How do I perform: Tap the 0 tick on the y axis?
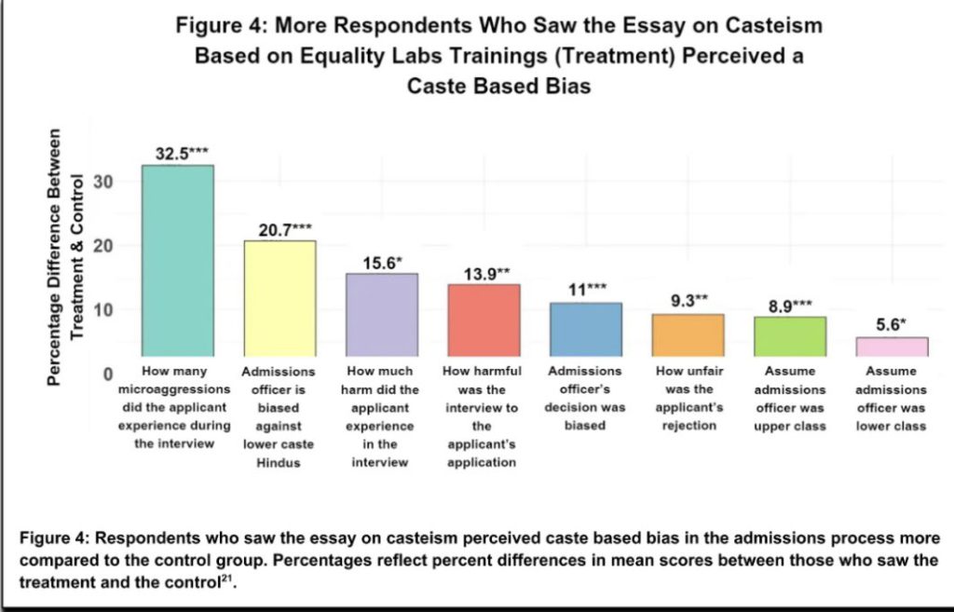click(x=108, y=374)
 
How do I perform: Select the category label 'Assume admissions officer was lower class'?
click(x=891, y=398)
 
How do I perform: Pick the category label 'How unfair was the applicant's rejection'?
click(x=688, y=398)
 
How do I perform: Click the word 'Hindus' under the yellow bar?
click(x=279, y=463)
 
